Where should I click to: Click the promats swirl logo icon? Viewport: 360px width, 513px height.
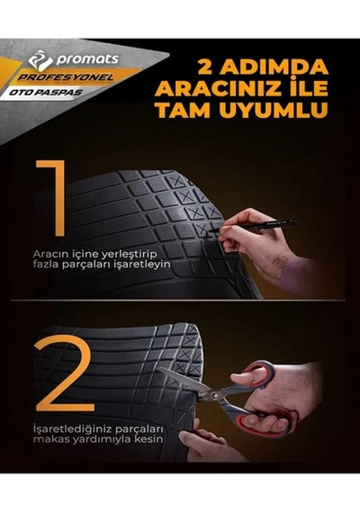[40, 60]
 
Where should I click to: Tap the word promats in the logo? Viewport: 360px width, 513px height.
[87, 59]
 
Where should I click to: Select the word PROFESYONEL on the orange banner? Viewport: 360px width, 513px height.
[65, 77]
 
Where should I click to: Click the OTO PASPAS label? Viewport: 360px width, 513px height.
[46, 93]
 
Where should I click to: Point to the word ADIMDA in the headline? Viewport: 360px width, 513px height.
[274, 67]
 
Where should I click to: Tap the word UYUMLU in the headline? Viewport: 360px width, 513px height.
[274, 110]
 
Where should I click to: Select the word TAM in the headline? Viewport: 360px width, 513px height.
[183, 110]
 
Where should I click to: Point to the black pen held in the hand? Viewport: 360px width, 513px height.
[252, 227]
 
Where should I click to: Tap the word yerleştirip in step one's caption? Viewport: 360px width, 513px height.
[130, 255]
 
